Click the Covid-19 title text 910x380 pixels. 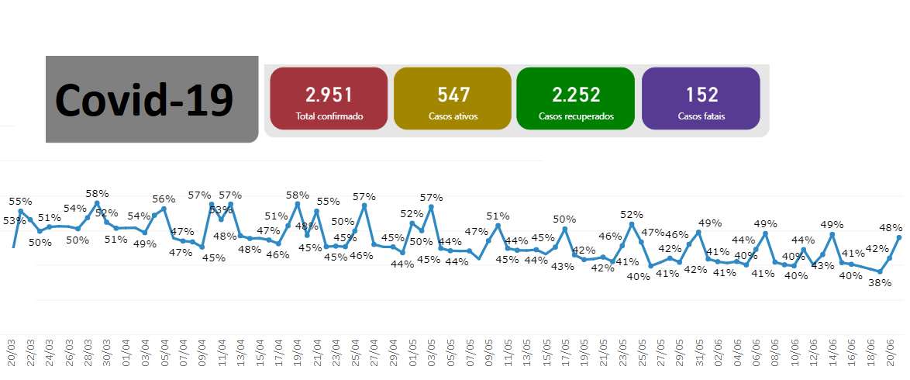[x=144, y=100]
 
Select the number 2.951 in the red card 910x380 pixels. [x=329, y=95]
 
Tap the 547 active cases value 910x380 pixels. [x=453, y=95]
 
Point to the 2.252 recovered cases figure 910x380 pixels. [x=576, y=95]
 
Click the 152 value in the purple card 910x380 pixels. [x=701, y=95]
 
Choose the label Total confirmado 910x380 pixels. [x=329, y=116]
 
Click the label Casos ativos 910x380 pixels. [x=453, y=116]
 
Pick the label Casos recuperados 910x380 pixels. [x=576, y=116]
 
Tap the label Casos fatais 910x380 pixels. [x=701, y=116]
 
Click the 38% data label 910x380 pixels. [x=879, y=283]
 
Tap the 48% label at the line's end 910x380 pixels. [x=891, y=228]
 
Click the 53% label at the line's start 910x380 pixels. [x=14, y=221]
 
